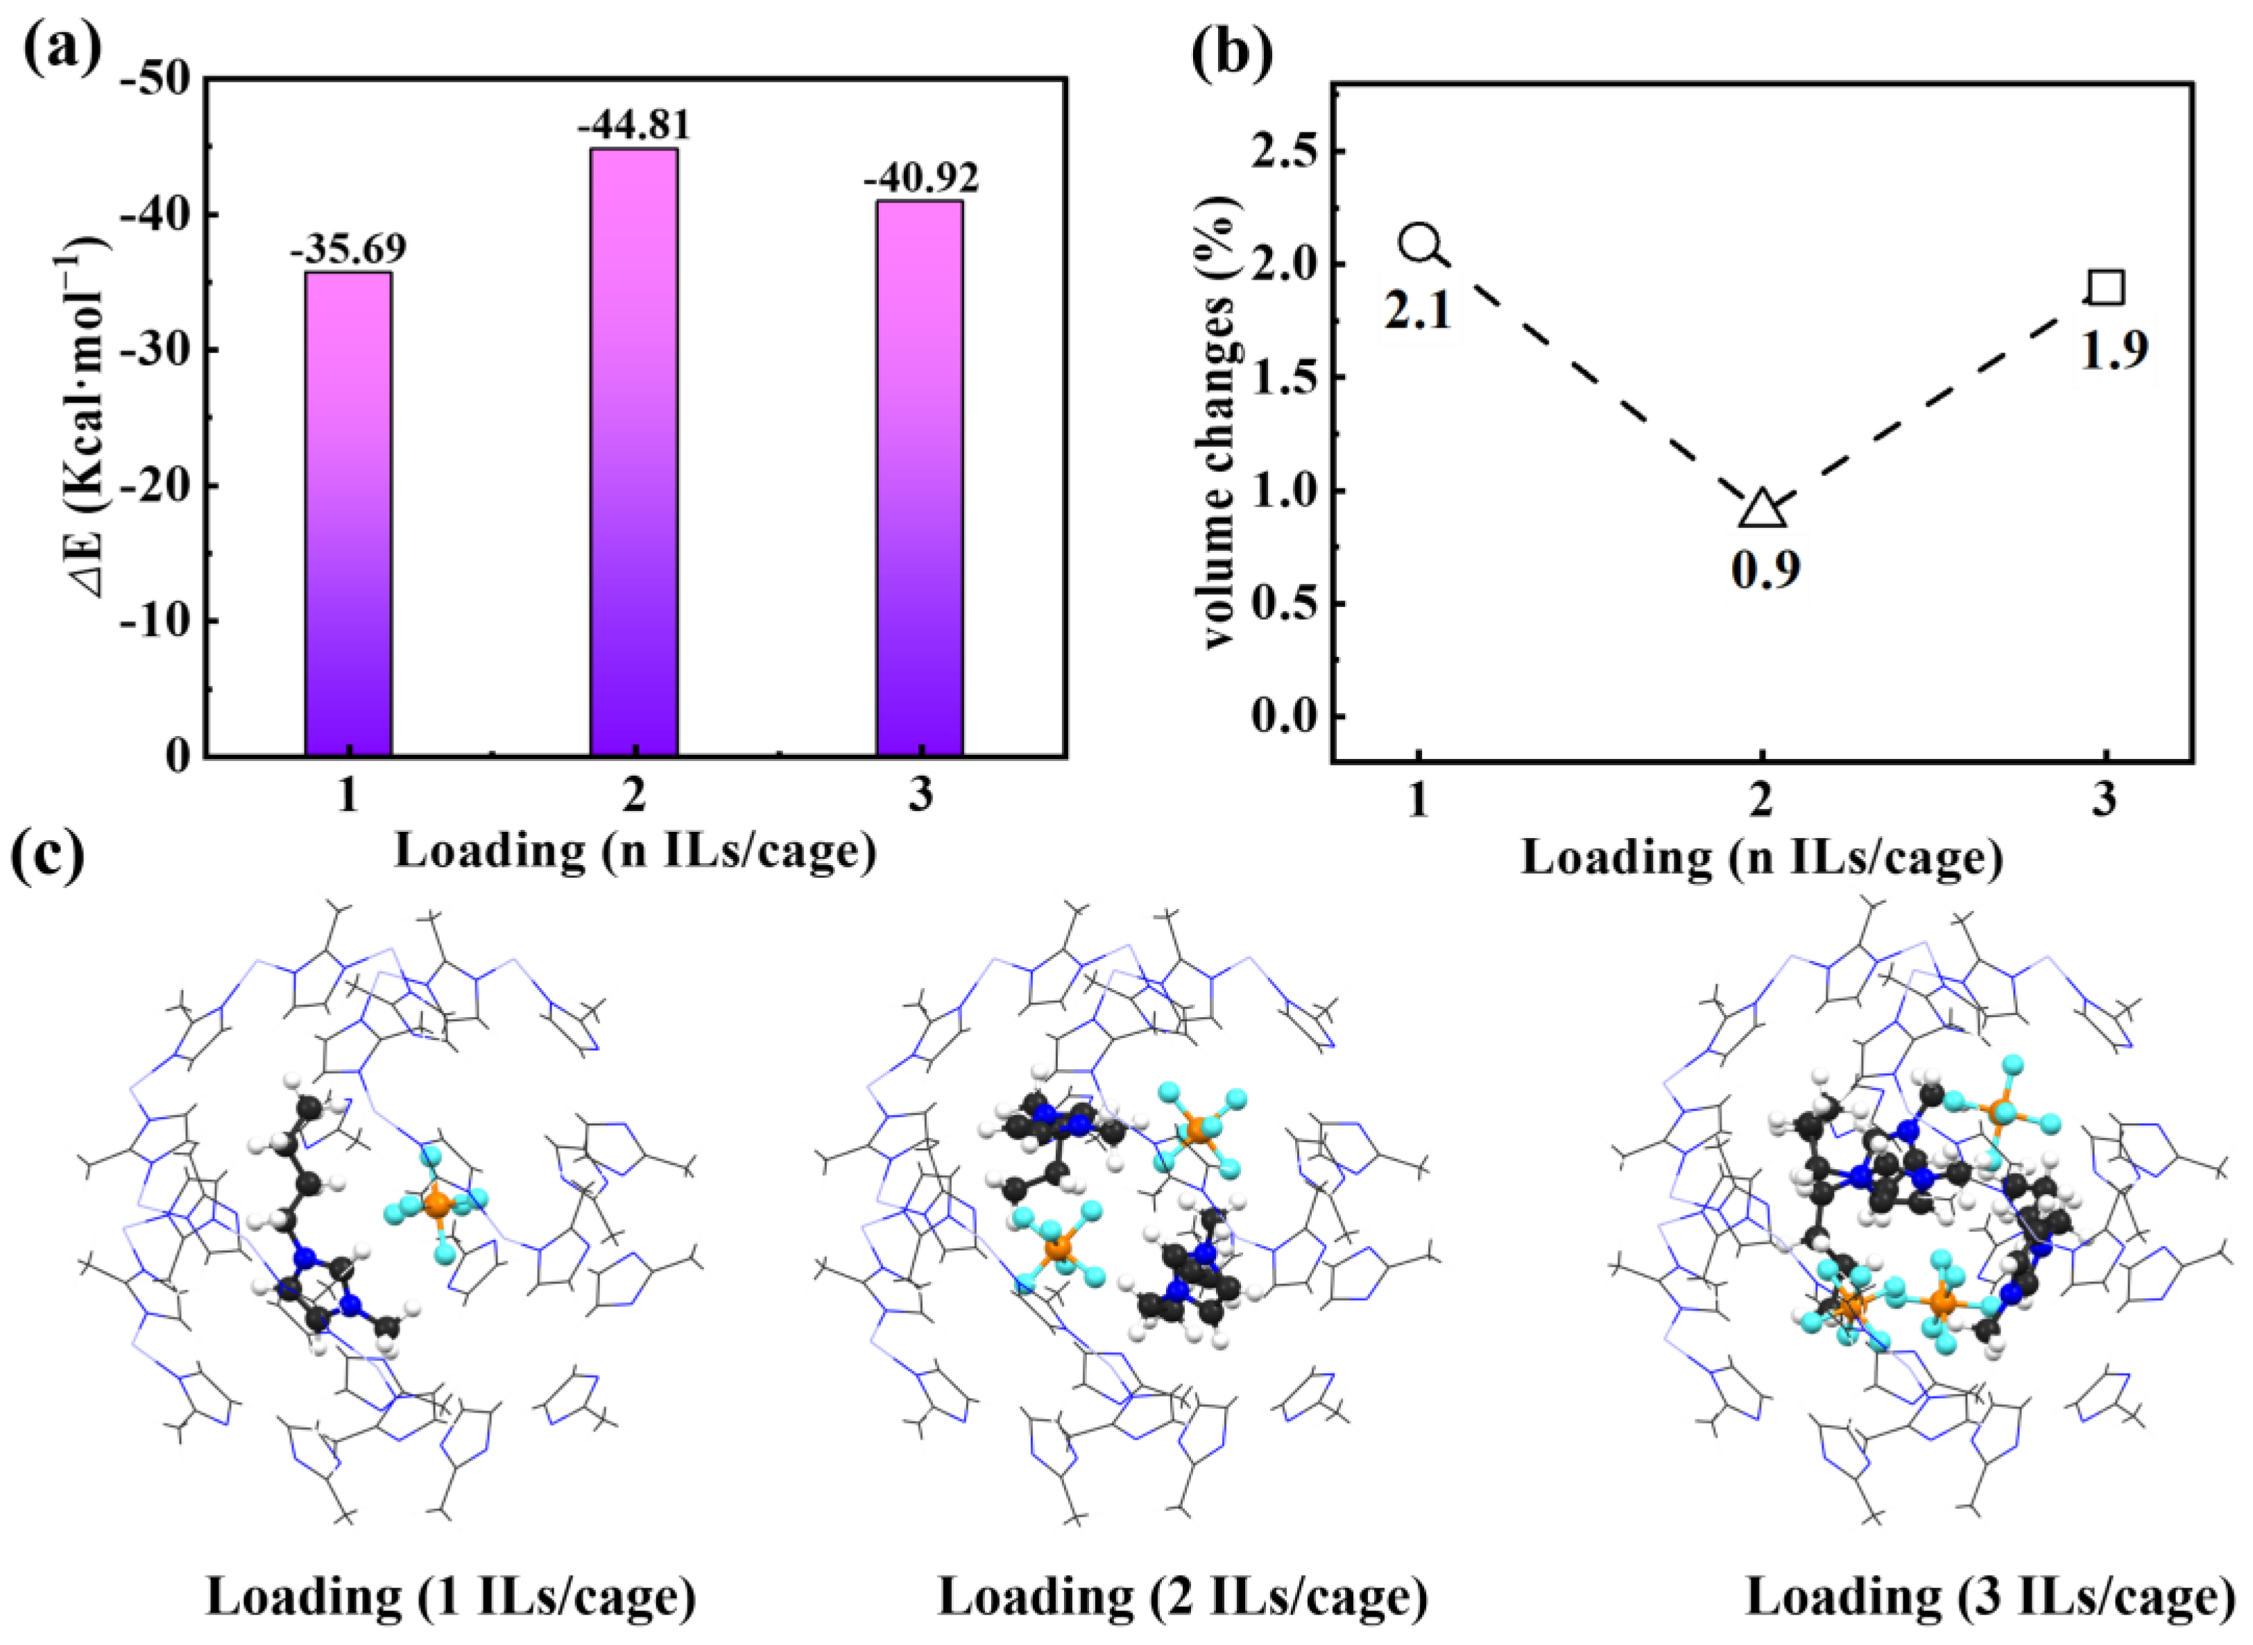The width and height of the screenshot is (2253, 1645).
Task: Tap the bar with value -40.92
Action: [x=919, y=478]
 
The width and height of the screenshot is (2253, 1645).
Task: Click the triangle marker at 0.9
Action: [x=1761, y=509]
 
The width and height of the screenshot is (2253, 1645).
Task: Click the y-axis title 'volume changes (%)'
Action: [x=1224, y=418]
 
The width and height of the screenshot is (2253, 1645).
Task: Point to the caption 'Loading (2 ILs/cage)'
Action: [x=1183, y=1596]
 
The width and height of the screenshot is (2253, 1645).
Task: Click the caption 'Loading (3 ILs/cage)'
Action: [x=1990, y=1596]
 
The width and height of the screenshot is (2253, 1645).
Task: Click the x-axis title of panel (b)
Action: [x=1761, y=856]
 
